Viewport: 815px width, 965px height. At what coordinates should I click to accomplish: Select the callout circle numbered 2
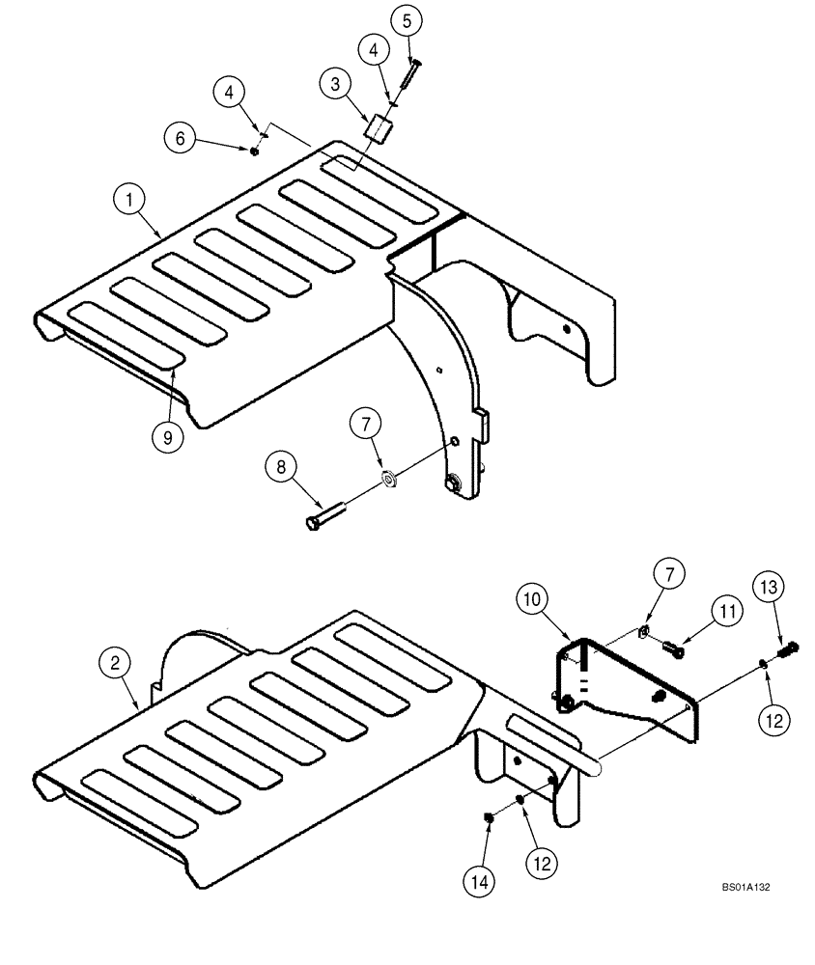pyautogui.click(x=115, y=663)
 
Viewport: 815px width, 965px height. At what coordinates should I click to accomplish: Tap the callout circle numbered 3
pyautogui.click(x=335, y=85)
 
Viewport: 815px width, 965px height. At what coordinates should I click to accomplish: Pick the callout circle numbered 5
pyautogui.click(x=407, y=19)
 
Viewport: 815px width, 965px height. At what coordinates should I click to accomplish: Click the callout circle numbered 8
pyautogui.click(x=282, y=468)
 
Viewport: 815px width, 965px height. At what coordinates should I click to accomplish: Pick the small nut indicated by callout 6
pyautogui.click(x=253, y=151)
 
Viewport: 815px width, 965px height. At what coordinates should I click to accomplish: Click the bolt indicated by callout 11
pyautogui.click(x=673, y=651)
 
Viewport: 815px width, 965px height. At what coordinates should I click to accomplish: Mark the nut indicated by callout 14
pyautogui.click(x=489, y=819)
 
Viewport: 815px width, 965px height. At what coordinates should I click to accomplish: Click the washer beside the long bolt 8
pyautogui.click(x=389, y=478)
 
